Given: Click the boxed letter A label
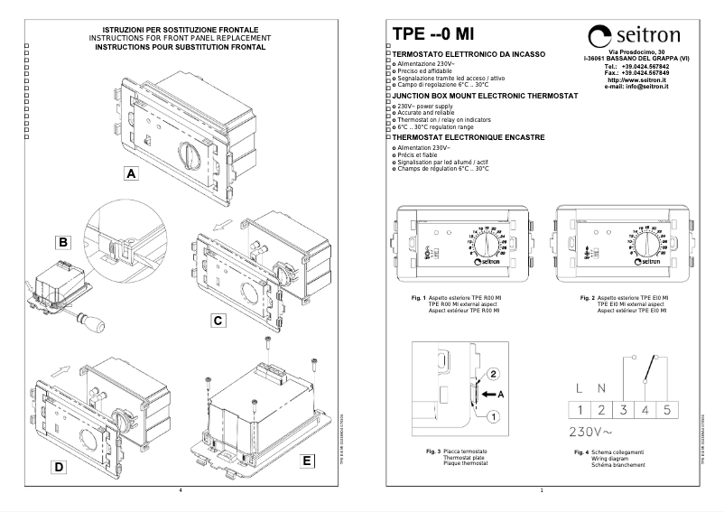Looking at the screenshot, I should (131, 173).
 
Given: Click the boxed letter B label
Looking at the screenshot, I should (63, 242).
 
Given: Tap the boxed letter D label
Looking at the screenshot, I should (58, 467).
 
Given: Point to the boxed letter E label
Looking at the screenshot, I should (309, 461).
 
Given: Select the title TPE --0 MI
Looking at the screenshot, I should (432, 34).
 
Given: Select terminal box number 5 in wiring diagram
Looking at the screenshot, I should (666, 410).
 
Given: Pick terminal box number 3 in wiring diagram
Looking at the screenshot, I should (624, 410).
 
